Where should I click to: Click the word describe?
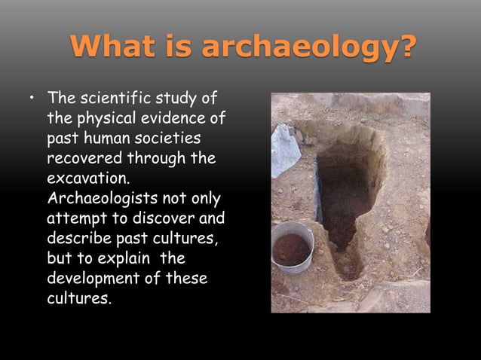pyautogui.click(x=78, y=239)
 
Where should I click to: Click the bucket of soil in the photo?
pyautogui.click(x=291, y=246)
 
